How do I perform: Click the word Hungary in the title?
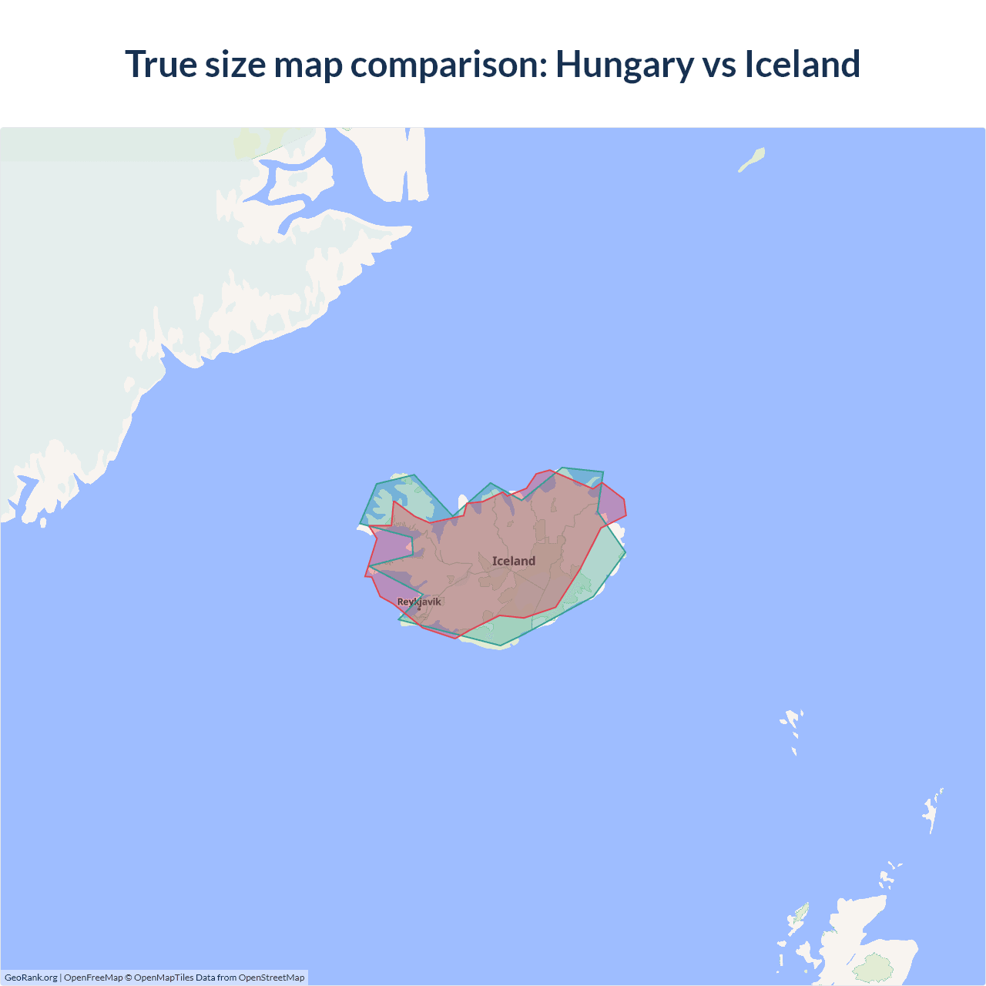pyautogui.click(x=624, y=65)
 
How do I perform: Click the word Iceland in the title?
pyautogui.click(x=802, y=65)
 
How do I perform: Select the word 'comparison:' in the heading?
pyautogui.click(x=448, y=65)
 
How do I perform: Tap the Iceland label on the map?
pyautogui.click(x=514, y=561)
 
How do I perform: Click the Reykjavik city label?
pyautogui.click(x=419, y=602)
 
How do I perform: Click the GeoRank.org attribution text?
pyautogui.click(x=31, y=978)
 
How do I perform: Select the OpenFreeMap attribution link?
pyautogui.click(x=93, y=978)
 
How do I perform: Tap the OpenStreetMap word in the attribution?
pyautogui.click(x=271, y=978)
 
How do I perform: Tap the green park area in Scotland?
pyautogui.click(x=874, y=968)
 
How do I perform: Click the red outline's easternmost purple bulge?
pyautogui.click(x=612, y=505)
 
